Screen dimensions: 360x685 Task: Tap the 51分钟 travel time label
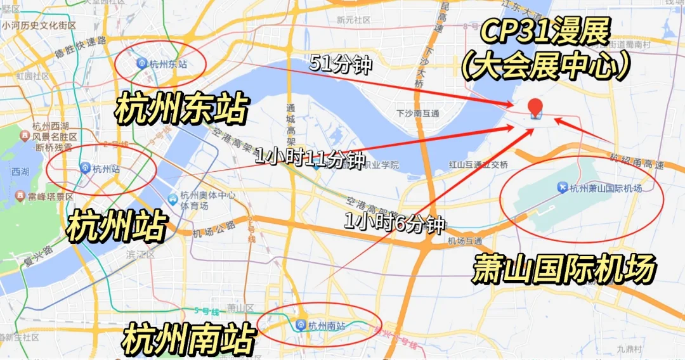[340, 63]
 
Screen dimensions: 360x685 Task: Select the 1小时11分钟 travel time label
[310, 158]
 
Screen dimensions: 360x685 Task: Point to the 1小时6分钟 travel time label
[393, 223]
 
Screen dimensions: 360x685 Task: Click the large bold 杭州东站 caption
[180, 108]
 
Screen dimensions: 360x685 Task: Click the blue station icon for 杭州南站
[301, 325]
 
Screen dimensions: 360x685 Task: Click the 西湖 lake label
[20, 171]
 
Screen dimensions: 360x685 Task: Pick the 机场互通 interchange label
[465, 241]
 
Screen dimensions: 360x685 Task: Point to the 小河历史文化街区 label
[39, 26]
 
